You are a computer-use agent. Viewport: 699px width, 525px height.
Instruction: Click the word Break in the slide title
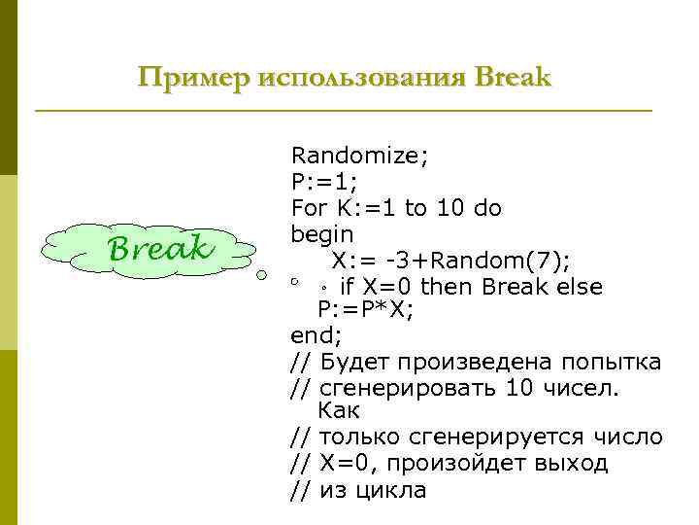513,77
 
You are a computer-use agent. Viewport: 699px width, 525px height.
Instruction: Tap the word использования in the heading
360,77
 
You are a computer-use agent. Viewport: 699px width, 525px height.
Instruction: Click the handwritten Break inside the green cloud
161,248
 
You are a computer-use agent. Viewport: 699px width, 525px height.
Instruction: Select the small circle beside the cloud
261,275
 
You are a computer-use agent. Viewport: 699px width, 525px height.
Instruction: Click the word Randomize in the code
355,155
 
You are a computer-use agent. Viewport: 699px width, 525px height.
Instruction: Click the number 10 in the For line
447,208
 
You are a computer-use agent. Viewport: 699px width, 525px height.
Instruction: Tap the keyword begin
322,234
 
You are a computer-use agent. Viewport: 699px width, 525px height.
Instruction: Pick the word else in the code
579,287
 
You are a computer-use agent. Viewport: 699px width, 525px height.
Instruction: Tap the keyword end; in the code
316,336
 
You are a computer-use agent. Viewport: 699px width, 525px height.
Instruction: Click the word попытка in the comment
612,363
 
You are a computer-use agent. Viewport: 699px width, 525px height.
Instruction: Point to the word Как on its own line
339,410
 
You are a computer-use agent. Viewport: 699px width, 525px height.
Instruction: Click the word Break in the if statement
515,287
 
